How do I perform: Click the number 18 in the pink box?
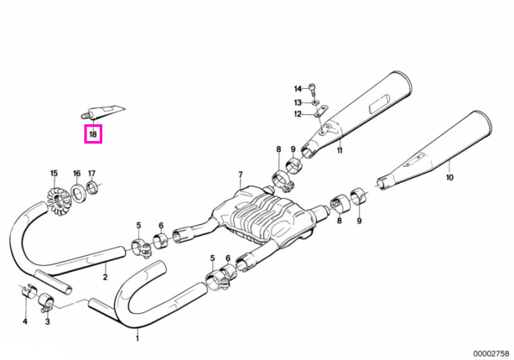coord(93,134)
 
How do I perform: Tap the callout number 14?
coord(297,89)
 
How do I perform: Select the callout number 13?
coord(297,103)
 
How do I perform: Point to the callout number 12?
coord(297,114)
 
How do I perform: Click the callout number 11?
coord(340,151)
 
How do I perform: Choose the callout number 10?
coord(449,177)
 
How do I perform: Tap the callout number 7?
coord(240,174)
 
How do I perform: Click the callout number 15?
coord(54,173)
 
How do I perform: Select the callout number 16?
coord(76,173)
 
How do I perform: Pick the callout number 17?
coord(92,173)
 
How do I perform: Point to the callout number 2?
coord(105,277)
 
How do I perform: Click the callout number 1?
coord(137,338)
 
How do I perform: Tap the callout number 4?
coord(25,322)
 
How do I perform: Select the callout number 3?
coord(48,322)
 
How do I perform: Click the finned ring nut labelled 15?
coord(56,201)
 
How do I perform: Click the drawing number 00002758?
coord(491,353)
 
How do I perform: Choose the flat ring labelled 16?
coord(78,193)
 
